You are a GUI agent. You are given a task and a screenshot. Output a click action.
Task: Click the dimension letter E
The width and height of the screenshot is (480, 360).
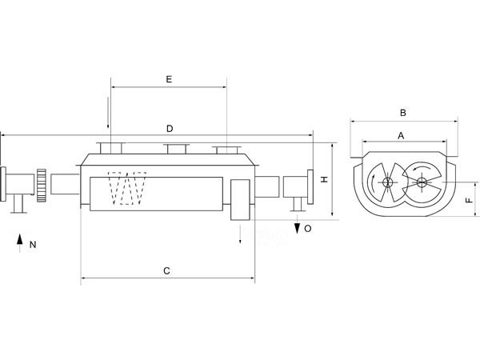click(x=169, y=79)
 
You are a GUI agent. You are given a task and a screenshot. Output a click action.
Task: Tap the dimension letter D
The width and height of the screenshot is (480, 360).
click(x=169, y=129)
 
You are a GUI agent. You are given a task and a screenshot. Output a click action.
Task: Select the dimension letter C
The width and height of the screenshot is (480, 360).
click(x=166, y=271)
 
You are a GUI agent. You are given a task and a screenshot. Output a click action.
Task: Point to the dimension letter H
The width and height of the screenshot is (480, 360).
click(x=324, y=180)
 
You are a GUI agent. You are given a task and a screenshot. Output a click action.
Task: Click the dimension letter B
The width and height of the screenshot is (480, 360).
click(x=403, y=113)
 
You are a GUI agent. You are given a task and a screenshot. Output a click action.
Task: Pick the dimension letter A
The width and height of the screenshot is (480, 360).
click(x=402, y=136)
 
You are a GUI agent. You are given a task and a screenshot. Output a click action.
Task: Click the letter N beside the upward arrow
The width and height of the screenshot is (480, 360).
click(x=32, y=245)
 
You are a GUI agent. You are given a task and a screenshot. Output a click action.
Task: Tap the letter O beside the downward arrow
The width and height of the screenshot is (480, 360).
click(x=308, y=229)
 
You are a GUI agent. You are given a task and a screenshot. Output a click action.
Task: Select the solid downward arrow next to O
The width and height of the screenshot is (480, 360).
click(x=297, y=228)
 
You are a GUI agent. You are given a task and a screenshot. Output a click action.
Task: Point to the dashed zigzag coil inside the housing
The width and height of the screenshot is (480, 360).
click(x=128, y=190)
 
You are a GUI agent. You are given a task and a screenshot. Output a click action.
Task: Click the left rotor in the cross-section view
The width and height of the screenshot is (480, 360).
click(x=386, y=183)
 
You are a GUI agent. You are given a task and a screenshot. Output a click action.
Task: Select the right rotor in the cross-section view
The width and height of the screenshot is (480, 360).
click(x=422, y=182)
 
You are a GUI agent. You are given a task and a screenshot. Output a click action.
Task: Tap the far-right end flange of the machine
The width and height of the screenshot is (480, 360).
click(x=313, y=187)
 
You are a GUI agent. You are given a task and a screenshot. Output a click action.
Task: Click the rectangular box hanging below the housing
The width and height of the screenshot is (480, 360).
click(x=240, y=199)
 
